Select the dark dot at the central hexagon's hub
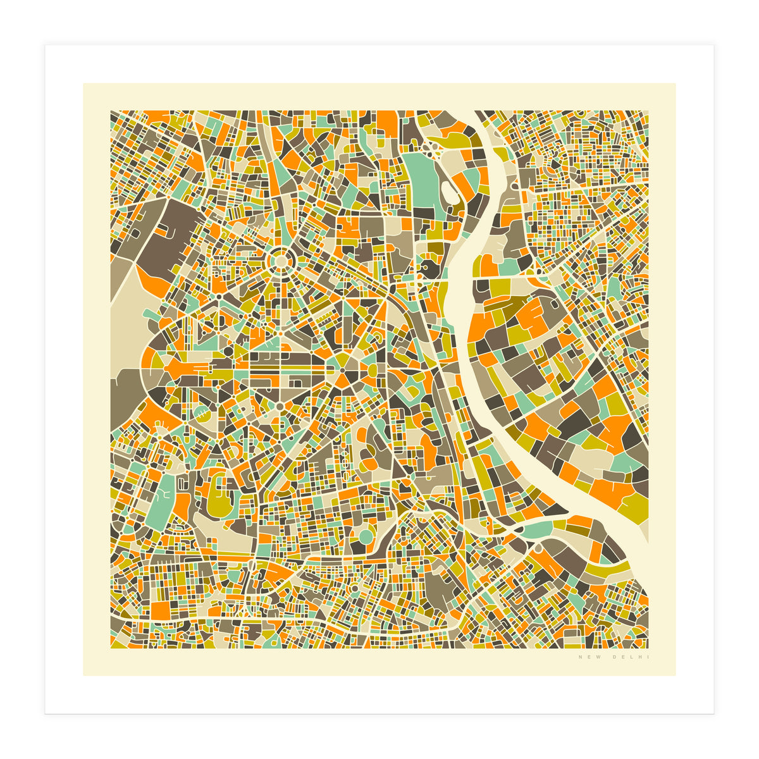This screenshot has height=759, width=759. (342, 370)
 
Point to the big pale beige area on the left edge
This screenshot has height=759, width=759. (130, 323)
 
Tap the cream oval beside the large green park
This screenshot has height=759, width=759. (450, 190)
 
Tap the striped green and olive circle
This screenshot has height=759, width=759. (201, 414)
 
